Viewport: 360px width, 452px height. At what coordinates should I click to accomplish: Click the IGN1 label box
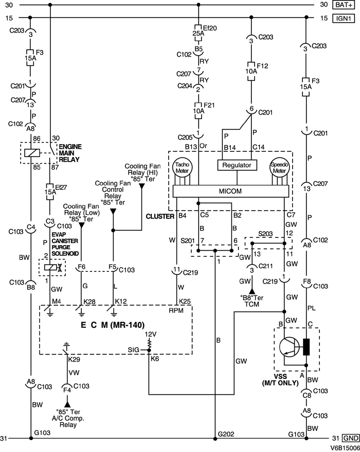click(345, 18)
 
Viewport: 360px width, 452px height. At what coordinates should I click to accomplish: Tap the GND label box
click(350, 439)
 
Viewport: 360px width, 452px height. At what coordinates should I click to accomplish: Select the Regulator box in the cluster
click(237, 165)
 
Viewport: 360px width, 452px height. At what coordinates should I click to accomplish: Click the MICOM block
click(231, 192)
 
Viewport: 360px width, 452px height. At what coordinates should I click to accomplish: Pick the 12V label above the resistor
click(150, 334)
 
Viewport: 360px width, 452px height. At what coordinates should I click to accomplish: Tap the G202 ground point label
click(226, 434)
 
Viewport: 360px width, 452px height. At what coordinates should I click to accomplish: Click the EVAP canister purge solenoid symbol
click(50, 267)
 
